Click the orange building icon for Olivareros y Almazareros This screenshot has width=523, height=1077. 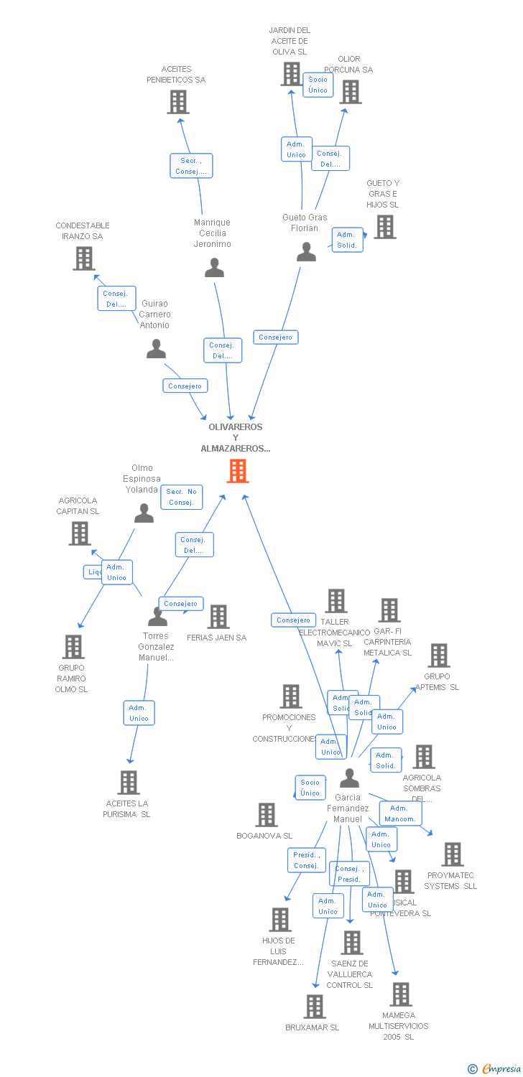[238, 471]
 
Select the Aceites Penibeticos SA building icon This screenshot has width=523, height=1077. [178, 102]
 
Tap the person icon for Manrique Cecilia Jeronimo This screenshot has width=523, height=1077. [214, 269]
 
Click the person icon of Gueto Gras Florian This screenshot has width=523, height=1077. [306, 252]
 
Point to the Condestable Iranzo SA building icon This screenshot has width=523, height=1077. [84, 258]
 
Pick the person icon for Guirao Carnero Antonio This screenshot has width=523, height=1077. [156, 350]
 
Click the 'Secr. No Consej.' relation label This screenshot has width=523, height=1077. [182, 497]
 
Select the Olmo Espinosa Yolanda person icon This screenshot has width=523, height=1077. [144, 513]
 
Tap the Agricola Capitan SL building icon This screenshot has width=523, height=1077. [80, 533]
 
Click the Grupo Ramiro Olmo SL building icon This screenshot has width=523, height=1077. [73, 647]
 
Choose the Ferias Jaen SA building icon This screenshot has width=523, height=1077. [218, 617]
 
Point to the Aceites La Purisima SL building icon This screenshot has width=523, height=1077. [128, 783]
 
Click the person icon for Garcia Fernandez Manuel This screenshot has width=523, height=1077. [349, 778]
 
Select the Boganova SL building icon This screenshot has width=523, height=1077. [267, 815]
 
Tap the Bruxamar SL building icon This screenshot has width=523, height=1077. [314, 1007]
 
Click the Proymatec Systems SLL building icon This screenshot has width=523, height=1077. [452, 854]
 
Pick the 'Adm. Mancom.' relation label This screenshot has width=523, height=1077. [400, 813]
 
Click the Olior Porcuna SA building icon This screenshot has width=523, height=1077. [350, 92]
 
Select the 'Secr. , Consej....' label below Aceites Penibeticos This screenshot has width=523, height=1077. [191, 166]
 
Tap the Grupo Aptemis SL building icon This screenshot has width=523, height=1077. [438, 656]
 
